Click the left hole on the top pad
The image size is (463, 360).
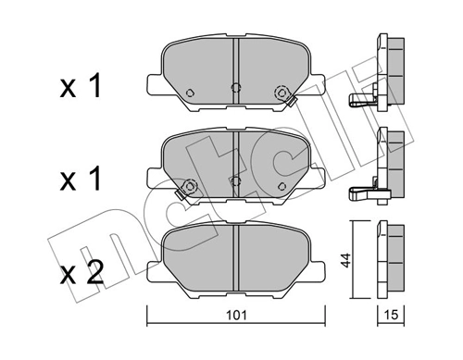189,93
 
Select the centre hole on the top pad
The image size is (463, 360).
235,90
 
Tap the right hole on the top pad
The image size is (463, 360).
280,92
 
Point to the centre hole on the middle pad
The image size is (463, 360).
236,181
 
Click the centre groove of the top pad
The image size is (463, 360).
235,65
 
